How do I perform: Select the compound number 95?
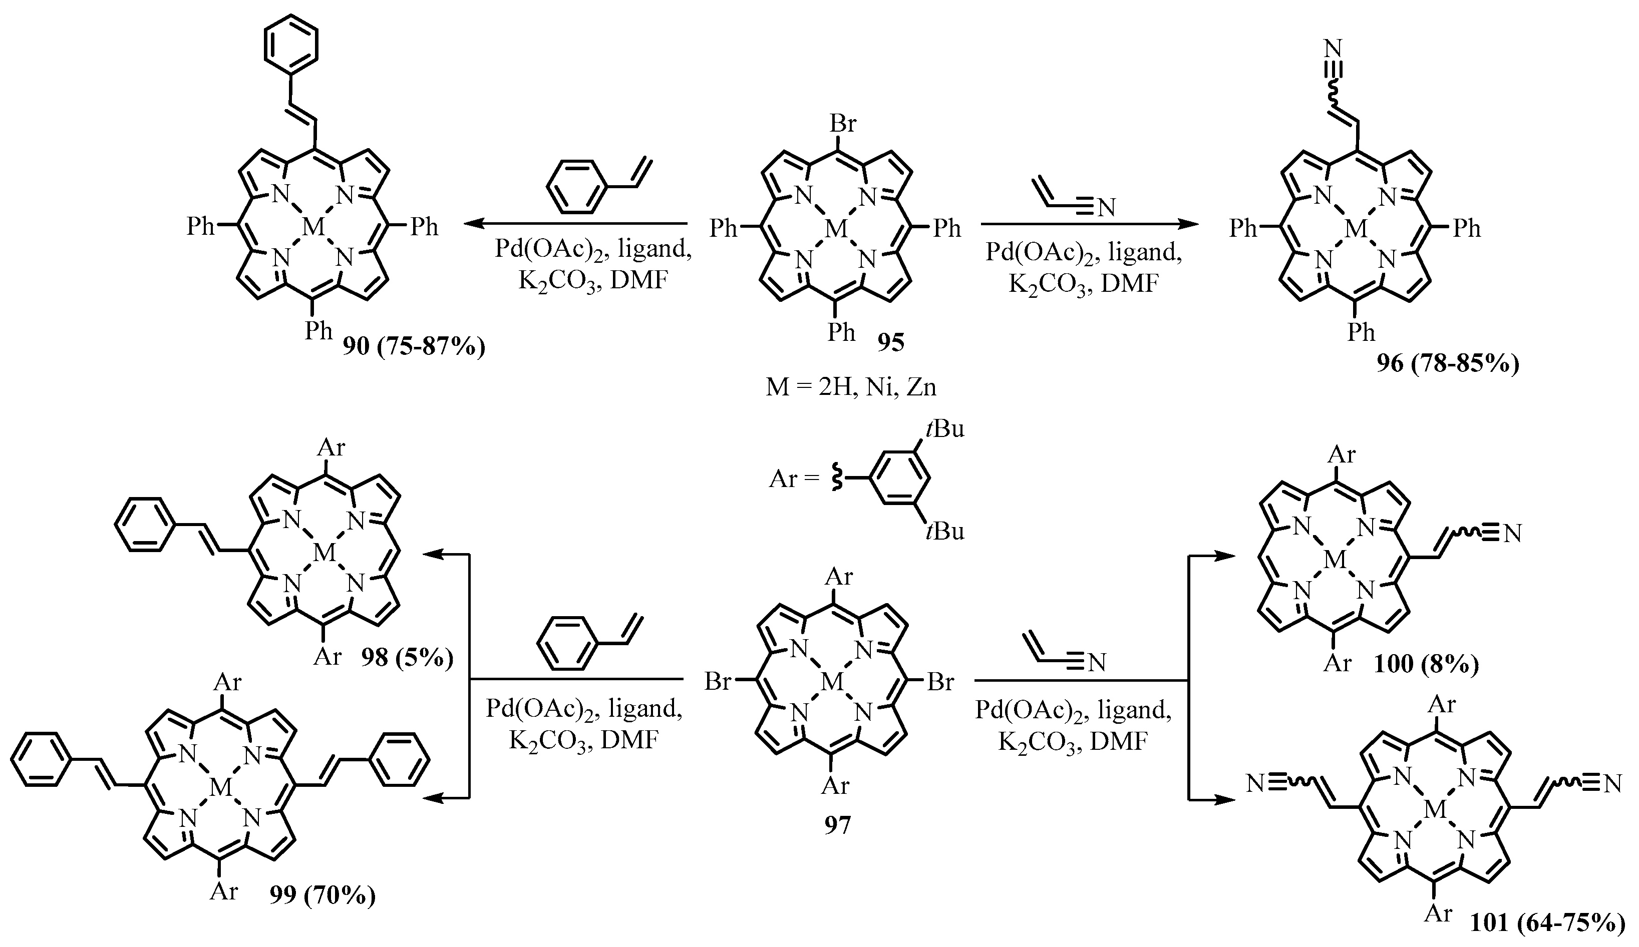pos(890,342)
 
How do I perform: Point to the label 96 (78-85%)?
pos(1448,363)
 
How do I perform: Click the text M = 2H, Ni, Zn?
pos(851,387)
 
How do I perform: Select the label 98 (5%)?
pos(407,658)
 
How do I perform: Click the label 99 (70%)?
pos(322,896)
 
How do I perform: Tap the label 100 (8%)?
pos(1426,664)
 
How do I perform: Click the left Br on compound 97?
pos(718,682)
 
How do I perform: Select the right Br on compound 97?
pos(940,682)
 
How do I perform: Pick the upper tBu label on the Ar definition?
pos(945,429)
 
